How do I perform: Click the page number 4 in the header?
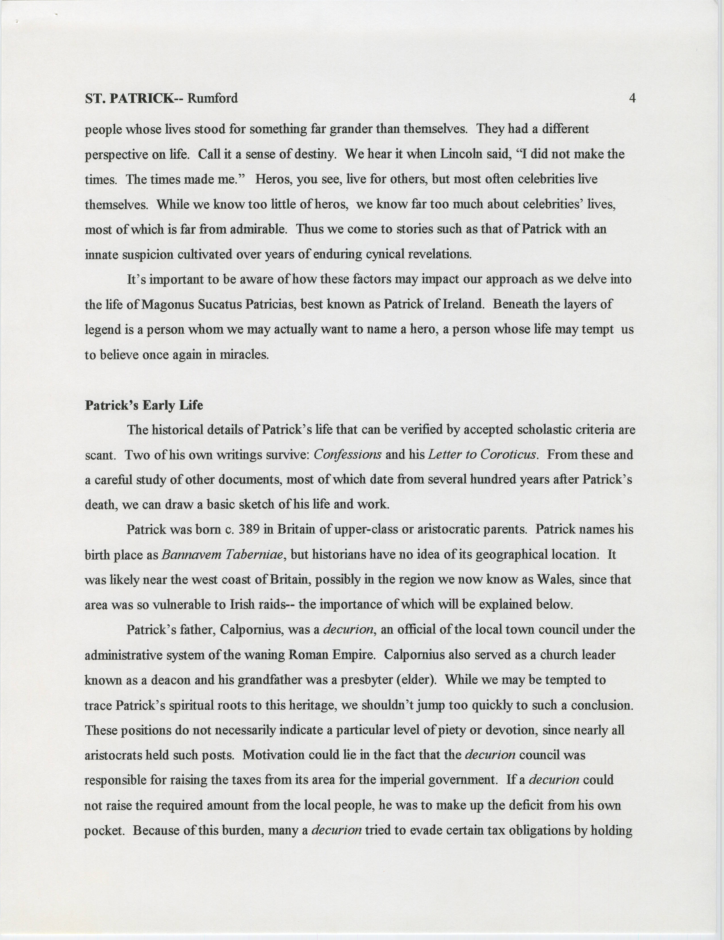[632, 98]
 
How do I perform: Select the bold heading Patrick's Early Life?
[143, 406]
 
